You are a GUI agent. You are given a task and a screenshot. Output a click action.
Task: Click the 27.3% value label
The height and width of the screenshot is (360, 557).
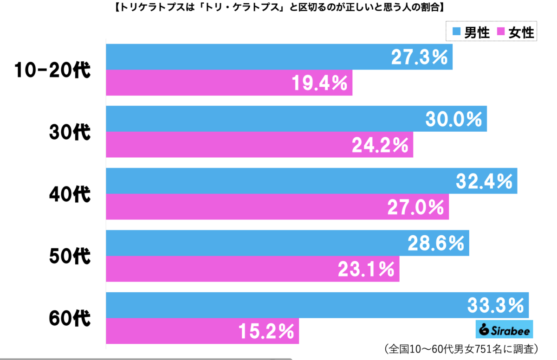click(x=419, y=57)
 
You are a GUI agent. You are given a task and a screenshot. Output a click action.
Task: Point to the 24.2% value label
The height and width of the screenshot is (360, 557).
click(x=380, y=145)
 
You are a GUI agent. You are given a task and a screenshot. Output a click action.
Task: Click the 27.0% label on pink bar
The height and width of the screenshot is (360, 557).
click(x=415, y=207)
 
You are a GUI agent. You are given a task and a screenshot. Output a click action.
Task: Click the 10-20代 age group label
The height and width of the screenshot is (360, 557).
click(x=52, y=71)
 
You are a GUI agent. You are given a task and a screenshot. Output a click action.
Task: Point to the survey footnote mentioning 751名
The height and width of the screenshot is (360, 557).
click(x=460, y=348)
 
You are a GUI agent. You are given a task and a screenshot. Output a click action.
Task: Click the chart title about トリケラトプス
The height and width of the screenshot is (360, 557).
click(x=278, y=7)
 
